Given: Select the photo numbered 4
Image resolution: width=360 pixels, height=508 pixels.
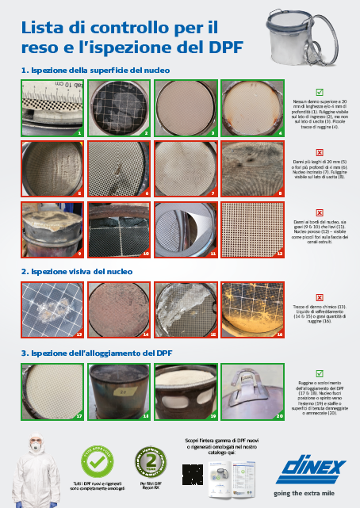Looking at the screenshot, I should coord(252,107).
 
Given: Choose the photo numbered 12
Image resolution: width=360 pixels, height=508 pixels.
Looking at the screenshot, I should coord(252,230).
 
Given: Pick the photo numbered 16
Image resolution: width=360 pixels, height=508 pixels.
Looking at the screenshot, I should coord(252,307).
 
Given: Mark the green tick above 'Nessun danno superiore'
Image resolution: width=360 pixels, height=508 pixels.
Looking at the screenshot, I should coord(319,92).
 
